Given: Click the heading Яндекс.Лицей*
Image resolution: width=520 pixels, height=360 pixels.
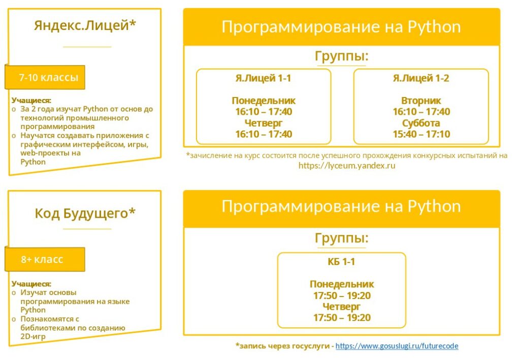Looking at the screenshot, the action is (85, 25).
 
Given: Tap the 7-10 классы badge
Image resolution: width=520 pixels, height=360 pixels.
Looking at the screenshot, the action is (45, 77).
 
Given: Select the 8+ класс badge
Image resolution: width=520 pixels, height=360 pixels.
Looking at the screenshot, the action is (45, 259).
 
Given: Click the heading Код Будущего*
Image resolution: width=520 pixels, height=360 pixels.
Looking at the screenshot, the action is (85, 213).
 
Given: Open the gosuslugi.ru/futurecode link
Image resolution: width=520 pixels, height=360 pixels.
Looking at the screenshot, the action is (397, 346).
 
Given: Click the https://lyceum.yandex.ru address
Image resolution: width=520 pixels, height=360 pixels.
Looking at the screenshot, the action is (347, 166).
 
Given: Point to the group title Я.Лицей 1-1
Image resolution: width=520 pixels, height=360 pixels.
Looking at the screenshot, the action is (264, 78).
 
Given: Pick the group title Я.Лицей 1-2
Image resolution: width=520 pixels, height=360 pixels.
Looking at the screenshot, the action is (421, 78).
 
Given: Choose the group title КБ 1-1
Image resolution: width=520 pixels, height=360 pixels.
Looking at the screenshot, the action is (341, 261).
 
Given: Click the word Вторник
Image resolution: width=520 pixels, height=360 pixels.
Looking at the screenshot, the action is (421, 100).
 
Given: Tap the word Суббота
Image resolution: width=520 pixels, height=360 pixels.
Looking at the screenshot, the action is (421, 123).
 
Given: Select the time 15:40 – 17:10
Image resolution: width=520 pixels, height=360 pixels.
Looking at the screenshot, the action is (421, 134).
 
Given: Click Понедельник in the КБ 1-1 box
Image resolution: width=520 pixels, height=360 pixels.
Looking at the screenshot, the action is (342, 284).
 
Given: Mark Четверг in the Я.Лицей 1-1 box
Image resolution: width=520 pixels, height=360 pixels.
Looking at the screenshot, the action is (264, 123).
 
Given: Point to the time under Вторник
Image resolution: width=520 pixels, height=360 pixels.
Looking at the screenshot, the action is (421, 111).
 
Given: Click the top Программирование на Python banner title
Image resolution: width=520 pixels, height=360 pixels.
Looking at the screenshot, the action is (341, 26).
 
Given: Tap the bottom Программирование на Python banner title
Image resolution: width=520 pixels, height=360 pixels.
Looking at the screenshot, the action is (341, 206).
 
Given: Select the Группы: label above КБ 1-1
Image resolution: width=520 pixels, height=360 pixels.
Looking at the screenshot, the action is (342, 238).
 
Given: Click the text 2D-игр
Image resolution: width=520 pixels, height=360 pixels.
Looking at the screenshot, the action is (33, 336).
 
